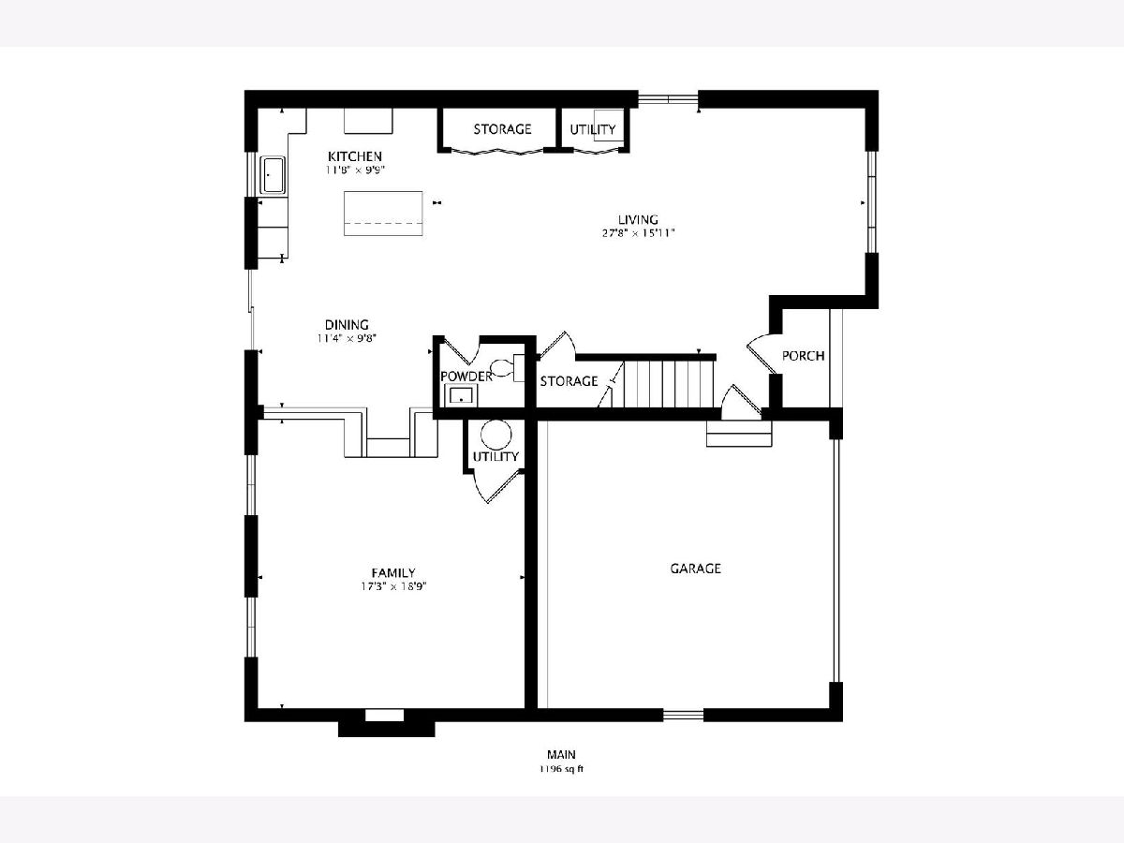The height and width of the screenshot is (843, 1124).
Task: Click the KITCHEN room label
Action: tap(355, 156)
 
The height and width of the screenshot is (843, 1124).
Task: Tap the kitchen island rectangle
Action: tap(383, 214)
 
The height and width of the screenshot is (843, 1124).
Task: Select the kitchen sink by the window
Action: tap(273, 175)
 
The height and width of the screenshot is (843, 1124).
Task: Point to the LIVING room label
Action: tap(638, 219)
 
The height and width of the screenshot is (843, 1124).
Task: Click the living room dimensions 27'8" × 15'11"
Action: tap(639, 233)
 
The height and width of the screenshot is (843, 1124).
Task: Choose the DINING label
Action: tap(347, 324)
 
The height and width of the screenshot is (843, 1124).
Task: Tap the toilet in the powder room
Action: tap(507, 367)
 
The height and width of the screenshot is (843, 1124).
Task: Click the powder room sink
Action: tap(462, 395)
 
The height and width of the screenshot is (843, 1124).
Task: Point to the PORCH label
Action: tap(803, 356)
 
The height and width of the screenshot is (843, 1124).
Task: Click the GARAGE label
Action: tap(695, 569)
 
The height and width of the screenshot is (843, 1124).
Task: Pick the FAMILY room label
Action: tap(393, 572)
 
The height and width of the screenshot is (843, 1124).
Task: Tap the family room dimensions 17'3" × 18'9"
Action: tap(393, 586)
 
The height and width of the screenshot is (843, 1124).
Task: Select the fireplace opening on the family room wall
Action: tap(384, 715)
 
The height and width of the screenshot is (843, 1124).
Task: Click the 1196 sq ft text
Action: tap(561, 769)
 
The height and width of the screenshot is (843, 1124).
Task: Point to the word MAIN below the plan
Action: tap(561, 754)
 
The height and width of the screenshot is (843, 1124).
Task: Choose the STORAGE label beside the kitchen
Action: tap(502, 129)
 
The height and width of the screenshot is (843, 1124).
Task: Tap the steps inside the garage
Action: tap(739, 434)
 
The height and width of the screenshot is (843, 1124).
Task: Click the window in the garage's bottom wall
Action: tap(684, 715)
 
